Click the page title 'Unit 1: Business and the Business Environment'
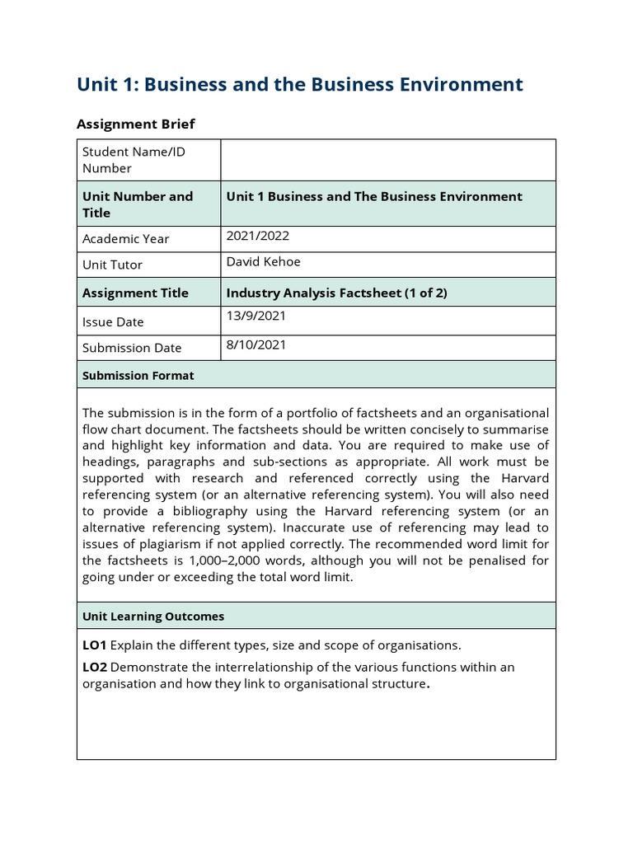point(299,84)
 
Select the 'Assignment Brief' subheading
point(135,124)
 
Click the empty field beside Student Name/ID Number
point(387,160)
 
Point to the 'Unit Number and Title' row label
point(137,204)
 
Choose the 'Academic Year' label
point(125,239)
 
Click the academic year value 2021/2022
point(257,236)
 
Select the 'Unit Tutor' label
point(112,265)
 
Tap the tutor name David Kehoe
point(263,262)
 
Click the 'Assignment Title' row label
point(135,293)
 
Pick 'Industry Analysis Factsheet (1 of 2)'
point(336,293)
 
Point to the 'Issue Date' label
point(113,321)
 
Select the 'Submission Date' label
point(132,348)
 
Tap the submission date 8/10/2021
point(256,345)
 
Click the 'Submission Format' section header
point(138,375)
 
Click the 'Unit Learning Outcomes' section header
point(153,616)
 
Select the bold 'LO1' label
point(95,645)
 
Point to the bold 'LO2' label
point(95,667)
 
